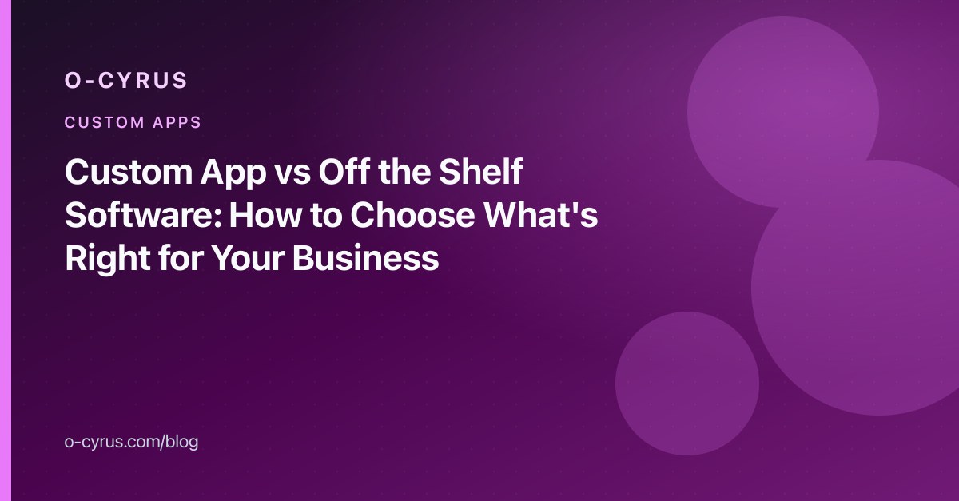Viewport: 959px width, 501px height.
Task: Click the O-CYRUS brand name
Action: (126, 80)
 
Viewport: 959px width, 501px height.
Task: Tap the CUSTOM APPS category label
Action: (133, 122)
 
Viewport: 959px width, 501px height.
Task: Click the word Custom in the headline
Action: (129, 172)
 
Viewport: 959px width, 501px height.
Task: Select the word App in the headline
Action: (233, 174)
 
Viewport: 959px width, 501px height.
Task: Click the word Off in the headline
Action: (344, 171)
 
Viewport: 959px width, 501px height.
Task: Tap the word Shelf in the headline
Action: (480, 171)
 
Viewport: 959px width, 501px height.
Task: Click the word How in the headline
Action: (265, 215)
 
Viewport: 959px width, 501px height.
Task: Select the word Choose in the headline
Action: (412, 215)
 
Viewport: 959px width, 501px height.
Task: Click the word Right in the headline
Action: (108, 259)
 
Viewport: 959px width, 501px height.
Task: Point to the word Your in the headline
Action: (249, 258)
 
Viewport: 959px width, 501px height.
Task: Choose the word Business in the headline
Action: (366, 258)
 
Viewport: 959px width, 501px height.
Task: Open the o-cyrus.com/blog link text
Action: (131, 442)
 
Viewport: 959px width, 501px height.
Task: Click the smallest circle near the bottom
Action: (687, 384)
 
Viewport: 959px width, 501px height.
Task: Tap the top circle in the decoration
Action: (783, 112)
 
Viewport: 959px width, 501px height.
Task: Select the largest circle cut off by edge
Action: (856, 288)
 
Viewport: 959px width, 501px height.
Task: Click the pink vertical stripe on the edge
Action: (6, 251)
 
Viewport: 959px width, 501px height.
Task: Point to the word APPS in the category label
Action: (177, 122)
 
